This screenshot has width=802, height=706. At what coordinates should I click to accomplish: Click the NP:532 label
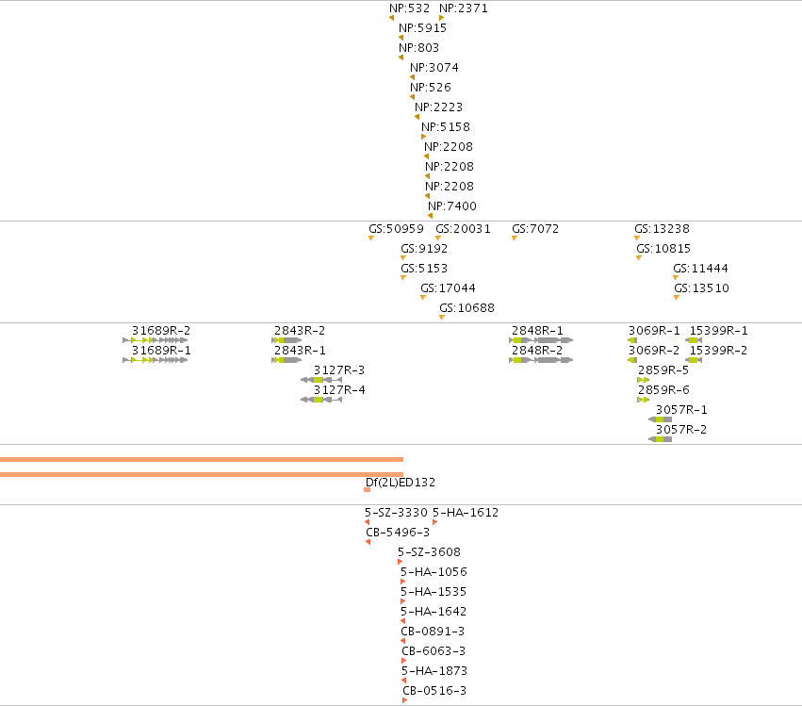[x=409, y=8]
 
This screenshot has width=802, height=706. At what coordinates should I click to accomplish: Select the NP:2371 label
[x=464, y=8]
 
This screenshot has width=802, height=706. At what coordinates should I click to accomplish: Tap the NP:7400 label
[x=452, y=206]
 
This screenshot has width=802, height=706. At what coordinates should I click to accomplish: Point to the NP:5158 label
[x=446, y=127]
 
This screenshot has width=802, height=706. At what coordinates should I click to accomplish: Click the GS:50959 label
[x=397, y=229]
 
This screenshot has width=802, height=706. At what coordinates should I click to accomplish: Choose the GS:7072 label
[x=535, y=229]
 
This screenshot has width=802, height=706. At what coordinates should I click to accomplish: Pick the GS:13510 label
[x=702, y=288]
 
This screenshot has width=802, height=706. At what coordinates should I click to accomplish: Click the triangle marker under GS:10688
[x=442, y=318]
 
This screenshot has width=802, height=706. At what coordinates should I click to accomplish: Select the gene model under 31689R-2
[x=155, y=340]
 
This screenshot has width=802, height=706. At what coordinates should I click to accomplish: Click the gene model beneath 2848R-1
[x=541, y=340]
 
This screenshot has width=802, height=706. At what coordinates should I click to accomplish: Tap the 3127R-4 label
[x=339, y=390]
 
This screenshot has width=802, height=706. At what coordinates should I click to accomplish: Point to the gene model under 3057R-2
[x=661, y=439]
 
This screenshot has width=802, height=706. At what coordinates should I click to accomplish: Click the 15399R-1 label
[x=719, y=331]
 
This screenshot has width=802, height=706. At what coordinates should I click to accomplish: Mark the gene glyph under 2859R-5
[x=643, y=380]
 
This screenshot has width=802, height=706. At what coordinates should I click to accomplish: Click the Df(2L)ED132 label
[x=401, y=483]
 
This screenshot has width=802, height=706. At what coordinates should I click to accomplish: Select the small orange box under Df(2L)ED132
[x=368, y=490]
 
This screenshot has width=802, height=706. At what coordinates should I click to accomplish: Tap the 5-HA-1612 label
[x=466, y=513]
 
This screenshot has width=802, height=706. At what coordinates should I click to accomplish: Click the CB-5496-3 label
[x=398, y=533]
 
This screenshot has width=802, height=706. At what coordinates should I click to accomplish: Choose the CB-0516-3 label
[x=434, y=691]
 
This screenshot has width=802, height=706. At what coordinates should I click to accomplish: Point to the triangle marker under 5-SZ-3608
[x=400, y=562]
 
